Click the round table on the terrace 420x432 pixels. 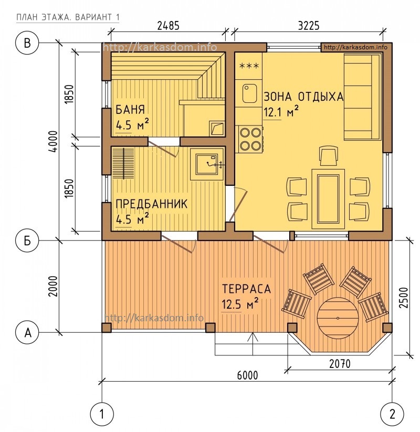(338, 318)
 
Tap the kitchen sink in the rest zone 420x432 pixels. (249, 93)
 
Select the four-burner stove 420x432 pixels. (250, 140)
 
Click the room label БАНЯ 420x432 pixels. (130, 109)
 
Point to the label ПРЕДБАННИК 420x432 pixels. (152, 204)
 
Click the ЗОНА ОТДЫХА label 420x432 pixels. (303, 97)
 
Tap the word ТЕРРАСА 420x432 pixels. (246, 289)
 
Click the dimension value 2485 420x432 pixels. (168, 26)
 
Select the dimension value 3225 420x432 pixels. (309, 26)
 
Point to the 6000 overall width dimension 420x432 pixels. (247, 375)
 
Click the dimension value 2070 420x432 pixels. (340, 364)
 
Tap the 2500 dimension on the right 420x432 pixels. (404, 298)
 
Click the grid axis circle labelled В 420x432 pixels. (27, 43)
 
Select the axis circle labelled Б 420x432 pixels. (27, 240)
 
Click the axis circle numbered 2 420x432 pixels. (392, 414)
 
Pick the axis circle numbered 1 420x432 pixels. (102, 414)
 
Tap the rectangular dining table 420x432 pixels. (328, 198)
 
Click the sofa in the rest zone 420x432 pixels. (363, 97)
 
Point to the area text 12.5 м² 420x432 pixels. (240, 304)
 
